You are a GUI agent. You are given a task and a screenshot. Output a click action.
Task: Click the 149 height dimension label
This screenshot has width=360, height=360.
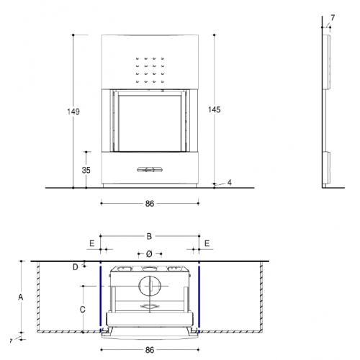(x=73, y=112)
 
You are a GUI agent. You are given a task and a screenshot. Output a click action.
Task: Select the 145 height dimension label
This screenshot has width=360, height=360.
(x=215, y=109)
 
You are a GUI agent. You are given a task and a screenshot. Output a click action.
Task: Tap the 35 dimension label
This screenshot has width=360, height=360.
(x=86, y=170)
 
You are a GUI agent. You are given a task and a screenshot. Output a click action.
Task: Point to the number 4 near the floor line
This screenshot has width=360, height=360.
(x=230, y=183)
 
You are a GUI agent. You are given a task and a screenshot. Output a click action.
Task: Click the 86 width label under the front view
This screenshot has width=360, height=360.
(x=150, y=204)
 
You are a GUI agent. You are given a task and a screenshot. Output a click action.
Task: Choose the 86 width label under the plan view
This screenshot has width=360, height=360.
(x=150, y=350)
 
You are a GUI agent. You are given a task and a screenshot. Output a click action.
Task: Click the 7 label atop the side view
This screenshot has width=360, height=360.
(x=333, y=18)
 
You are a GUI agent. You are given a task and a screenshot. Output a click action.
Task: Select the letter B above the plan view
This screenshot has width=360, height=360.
(x=149, y=236)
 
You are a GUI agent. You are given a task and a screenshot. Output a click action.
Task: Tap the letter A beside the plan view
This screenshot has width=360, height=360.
(x=21, y=297)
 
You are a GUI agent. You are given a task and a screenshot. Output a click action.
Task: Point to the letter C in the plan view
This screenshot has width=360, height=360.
(x=82, y=310)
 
